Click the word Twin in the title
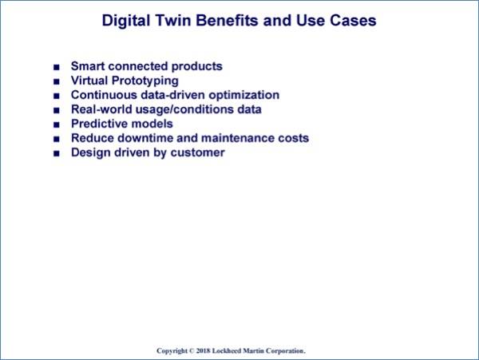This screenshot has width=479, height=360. (x=173, y=21)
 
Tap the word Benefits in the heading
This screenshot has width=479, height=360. (x=227, y=21)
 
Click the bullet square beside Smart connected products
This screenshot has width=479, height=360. (x=57, y=67)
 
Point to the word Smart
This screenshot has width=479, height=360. (x=88, y=66)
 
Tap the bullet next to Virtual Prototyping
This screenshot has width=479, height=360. (x=57, y=81)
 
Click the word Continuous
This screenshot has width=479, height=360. (x=104, y=95)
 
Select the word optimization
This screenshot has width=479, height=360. (x=243, y=95)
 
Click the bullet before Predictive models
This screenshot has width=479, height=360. (x=57, y=125)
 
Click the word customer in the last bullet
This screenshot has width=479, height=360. (x=197, y=152)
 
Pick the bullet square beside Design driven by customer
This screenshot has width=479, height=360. (x=57, y=153)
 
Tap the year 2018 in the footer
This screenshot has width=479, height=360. (x=203, y=350)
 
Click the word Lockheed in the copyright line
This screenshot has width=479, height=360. (x=227, y=350)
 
